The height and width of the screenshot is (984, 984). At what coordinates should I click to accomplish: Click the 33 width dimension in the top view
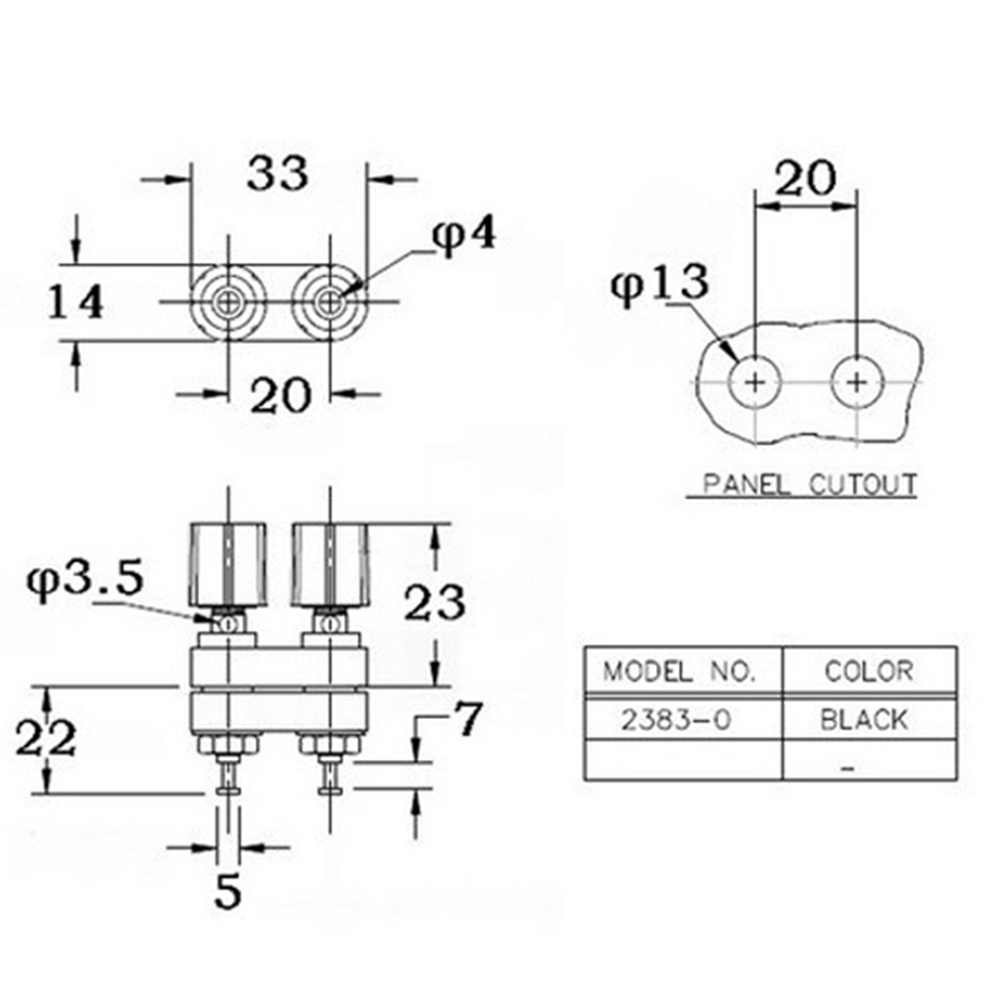pos(277,173)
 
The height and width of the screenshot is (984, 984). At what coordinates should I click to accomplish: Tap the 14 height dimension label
pos(76,301)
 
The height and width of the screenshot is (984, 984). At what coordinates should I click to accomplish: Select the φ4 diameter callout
pos(465,235)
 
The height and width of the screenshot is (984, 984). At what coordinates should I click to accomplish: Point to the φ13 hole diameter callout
pos(660,284)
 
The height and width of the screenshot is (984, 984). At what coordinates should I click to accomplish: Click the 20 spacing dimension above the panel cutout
pos(806,178)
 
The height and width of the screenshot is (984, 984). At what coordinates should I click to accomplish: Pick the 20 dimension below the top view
pos(281,396)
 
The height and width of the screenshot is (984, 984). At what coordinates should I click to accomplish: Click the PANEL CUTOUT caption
pos(809,484)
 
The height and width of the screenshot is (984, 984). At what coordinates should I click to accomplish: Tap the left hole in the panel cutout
pos(755,382)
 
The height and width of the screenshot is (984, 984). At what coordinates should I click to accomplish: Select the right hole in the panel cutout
pos(857,382)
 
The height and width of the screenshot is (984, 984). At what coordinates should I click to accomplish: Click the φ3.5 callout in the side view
pos(85,580)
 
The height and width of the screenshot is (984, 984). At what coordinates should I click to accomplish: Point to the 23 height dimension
pos(434,603)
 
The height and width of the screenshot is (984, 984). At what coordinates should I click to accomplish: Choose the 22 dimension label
pos(46,738)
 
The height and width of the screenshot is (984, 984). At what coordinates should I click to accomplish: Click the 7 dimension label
pos(467,719)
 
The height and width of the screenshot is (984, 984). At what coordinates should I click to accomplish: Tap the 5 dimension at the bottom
pos(227,891)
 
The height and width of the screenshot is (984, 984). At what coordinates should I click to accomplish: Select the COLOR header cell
pos(870,671)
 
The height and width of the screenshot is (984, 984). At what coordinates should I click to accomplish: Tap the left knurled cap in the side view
pos(227,565)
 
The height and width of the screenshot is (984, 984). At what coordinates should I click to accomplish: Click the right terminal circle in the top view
pos(329,302)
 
